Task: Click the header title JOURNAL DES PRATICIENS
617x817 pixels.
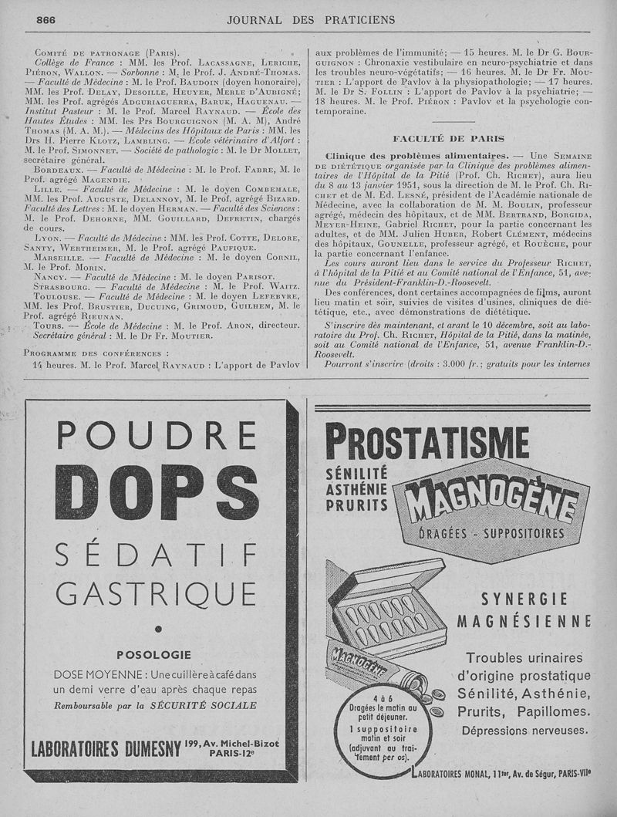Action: point(311,19)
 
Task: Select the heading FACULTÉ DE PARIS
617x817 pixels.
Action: point(448,139)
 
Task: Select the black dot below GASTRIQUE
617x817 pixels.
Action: point(159,629)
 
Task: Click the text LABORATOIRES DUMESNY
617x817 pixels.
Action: point(100,748)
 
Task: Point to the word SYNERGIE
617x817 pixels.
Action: point(524,599)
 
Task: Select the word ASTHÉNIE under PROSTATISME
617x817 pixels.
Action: point(356,488)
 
